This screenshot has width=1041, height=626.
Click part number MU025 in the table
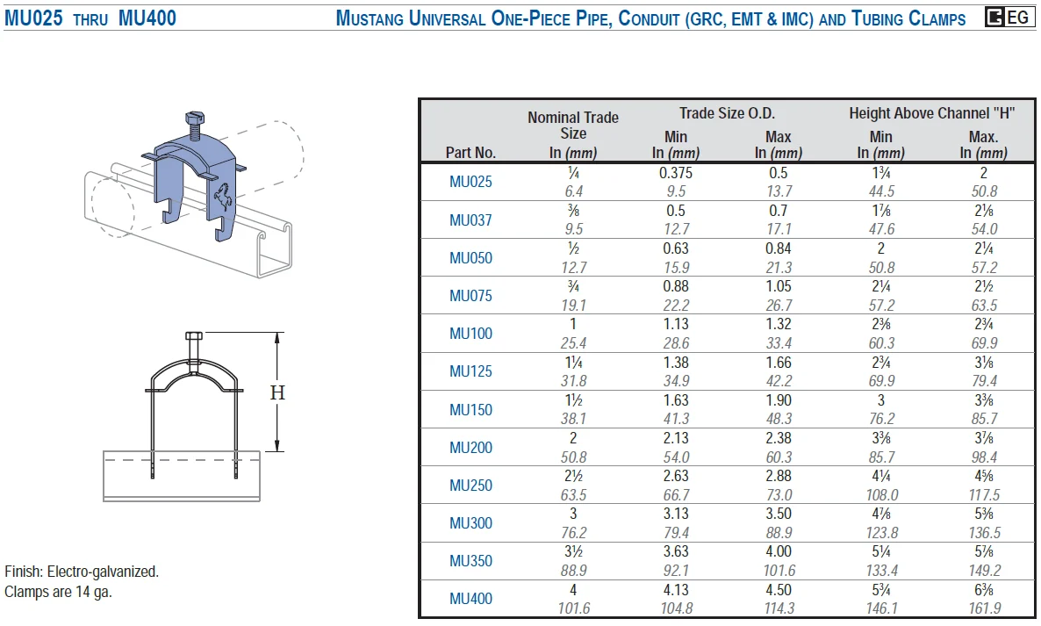(470, 181)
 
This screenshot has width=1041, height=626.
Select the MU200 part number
(470, 448)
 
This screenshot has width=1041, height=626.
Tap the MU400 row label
(470, 598)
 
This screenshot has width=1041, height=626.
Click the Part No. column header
(470, 153)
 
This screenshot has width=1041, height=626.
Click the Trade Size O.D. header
(727, 113)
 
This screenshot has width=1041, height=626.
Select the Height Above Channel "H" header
(932, 113)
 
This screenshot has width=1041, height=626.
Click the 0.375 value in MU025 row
(676, 173)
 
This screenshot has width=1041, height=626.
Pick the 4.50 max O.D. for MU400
(778, 589)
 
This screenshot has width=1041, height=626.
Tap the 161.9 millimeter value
(984, 608)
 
